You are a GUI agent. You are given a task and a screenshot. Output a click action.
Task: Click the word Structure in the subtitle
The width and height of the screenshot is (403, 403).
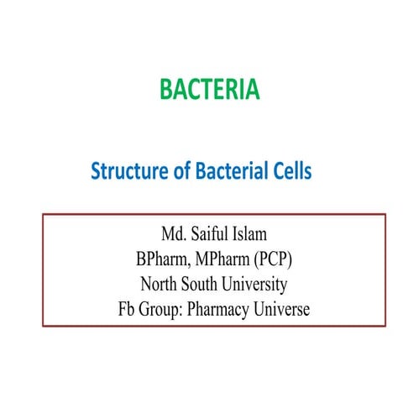point(124,172)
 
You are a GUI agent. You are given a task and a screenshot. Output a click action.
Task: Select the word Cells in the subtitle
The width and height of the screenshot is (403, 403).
point(290,172)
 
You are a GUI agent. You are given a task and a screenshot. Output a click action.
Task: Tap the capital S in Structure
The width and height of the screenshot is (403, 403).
point(95,172)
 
